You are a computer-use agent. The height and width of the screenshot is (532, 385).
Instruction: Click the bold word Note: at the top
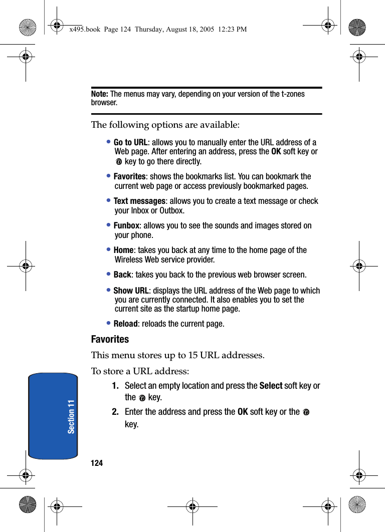click(x=100, y=94)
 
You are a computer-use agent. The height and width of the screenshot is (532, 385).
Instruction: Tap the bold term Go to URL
click(x=130, y=143)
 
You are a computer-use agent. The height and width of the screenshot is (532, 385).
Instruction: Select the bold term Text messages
click(x=139, y=201)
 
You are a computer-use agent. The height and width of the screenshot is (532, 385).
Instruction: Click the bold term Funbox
click(x=126, y=226)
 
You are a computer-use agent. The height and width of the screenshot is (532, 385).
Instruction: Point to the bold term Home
click(x=123, y=250)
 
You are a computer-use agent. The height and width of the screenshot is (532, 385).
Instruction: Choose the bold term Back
click(x=122, y=275)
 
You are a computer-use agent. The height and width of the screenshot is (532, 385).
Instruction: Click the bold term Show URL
click(x=131, y=291)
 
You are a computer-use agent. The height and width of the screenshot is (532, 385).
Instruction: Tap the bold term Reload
click(x=126, y=324)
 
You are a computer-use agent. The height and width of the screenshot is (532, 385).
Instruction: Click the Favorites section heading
click(x=110, y=339)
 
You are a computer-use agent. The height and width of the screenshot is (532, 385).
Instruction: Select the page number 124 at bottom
click(x=97, y=463)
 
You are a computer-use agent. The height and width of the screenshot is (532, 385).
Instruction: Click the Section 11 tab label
click(x=71, y=416)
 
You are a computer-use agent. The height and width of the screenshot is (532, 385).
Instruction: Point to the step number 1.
click(x=115, y=386)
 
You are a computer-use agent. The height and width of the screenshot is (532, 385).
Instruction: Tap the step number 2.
click(x=115, y=412)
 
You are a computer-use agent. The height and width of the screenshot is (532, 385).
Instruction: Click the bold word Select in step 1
click(x=271, y=386)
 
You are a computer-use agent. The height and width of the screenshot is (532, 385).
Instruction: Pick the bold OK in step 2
click(x=243, y=412)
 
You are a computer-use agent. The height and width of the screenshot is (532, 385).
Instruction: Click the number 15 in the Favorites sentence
click(x=192, y=356)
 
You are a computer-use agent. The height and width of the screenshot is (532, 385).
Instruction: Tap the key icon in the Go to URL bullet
click(x=119, y=162)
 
